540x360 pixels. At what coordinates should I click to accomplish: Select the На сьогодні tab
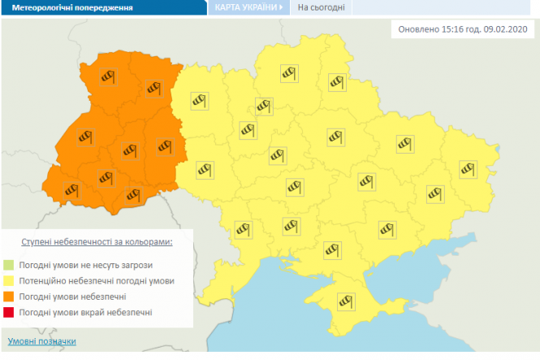coord(320,8)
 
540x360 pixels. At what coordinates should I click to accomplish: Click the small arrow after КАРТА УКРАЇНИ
coord(281,7)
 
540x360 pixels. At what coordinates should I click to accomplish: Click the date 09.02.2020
coord(504,29)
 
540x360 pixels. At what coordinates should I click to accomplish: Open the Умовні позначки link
coord(41,341)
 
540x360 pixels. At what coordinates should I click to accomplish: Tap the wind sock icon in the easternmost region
coord(468,168)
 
